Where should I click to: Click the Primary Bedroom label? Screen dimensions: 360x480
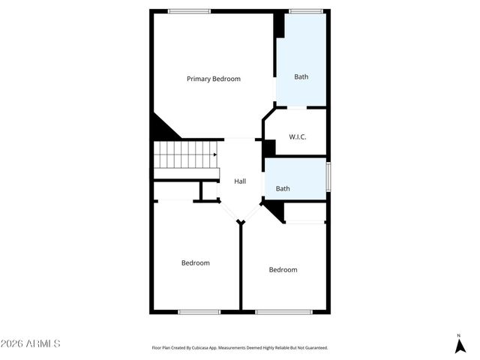click(214, 79)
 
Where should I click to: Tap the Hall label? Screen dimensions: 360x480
click(240, 181)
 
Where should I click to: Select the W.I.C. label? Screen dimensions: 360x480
click(297, 136)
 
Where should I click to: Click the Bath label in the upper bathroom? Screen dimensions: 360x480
click(301, 76)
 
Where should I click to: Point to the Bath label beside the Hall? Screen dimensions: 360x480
click(283, 189)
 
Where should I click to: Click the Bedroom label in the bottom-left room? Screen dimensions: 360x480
click(196, 263)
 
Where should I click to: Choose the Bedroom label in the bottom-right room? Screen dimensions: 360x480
click(283, 270)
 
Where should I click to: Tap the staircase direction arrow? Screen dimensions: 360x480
click(214, 155)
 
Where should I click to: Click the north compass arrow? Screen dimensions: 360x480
click(459, 345)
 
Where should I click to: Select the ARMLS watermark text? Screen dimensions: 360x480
click(31, 343)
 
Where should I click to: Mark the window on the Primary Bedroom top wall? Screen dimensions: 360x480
click(189, 11)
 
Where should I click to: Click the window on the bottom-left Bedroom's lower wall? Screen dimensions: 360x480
click(199, 311)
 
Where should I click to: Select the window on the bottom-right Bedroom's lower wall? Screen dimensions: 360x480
click(284, 311)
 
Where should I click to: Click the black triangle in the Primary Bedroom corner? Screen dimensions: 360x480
click(162, 128)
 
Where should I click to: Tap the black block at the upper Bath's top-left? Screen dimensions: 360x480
click(279, 25)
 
